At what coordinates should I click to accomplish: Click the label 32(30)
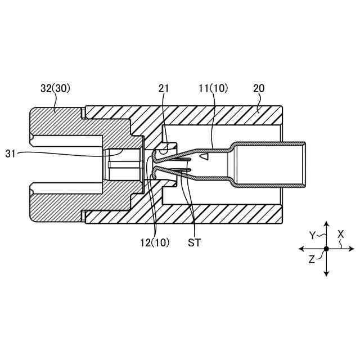coord(55,88)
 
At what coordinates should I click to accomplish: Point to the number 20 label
coord(259,88)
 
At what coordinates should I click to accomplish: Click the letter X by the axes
coord(341,235)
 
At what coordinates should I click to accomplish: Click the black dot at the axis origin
coord(326,248)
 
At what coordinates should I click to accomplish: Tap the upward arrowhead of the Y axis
coord(326,224)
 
